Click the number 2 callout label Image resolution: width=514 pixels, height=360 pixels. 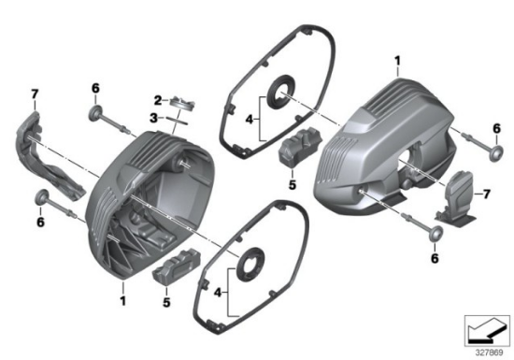click(x=159, y=98)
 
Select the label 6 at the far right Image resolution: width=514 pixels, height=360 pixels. click(x=494, y=128)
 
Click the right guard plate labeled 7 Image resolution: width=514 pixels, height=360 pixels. click(x=458, y=198)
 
